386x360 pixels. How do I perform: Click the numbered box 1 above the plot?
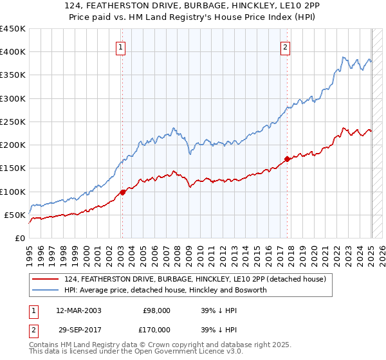[122, 46]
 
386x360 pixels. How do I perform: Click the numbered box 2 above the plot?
[286, 46]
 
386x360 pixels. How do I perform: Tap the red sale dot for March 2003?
[122, 192]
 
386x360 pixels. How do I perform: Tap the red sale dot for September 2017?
[287, 158]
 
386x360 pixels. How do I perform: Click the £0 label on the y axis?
[19, 238]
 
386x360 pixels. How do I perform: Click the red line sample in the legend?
[46, 279]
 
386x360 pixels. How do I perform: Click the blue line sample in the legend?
[46, 290]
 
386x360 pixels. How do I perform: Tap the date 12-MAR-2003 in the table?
[78, 310]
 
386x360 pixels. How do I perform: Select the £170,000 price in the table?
[157, 329]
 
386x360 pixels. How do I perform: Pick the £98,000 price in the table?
[157, 310]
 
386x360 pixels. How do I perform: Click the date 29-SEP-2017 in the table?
[78, 329]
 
